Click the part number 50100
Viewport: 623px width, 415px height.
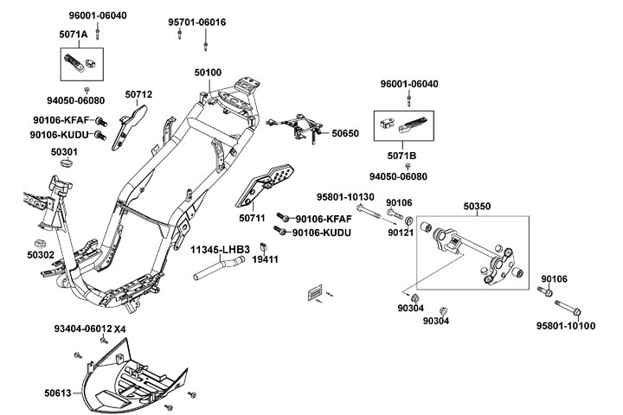(207, 74)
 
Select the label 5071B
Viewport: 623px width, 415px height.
(400, 156)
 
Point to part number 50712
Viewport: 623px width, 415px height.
(138, 94)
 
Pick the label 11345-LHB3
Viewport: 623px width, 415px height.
(221, 249)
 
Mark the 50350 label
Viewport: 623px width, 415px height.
(477, 207)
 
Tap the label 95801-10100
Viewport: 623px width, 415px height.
(566, 326)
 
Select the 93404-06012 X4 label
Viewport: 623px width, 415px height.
(89, 329)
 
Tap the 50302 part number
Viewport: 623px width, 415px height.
(40, 255)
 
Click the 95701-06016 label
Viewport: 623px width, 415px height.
(196, 22)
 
